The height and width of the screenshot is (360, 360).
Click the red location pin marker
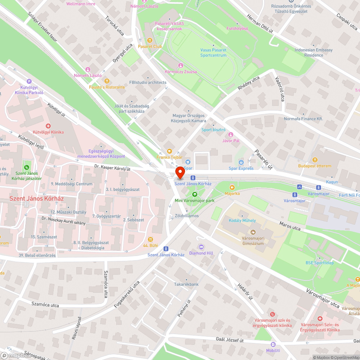(180, 172)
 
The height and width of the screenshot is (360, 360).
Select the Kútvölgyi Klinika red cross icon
(48, 126)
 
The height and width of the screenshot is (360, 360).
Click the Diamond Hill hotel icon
(201, 247)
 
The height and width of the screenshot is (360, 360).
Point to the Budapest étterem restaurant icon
(315, 160)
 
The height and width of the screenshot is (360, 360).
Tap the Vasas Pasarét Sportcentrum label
(213, 53)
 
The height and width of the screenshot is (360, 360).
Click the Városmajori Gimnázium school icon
(253, 232)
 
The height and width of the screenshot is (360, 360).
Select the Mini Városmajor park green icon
(194, 194)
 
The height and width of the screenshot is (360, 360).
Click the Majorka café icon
(232, 188)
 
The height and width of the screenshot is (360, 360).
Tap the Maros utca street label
(290, 226)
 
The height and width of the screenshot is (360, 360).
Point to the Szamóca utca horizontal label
(45, 305)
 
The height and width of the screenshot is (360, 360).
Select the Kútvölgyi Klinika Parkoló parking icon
(29, 81)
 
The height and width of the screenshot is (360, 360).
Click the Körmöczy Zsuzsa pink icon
(181, 66)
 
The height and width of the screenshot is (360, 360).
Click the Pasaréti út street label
(263, 159)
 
